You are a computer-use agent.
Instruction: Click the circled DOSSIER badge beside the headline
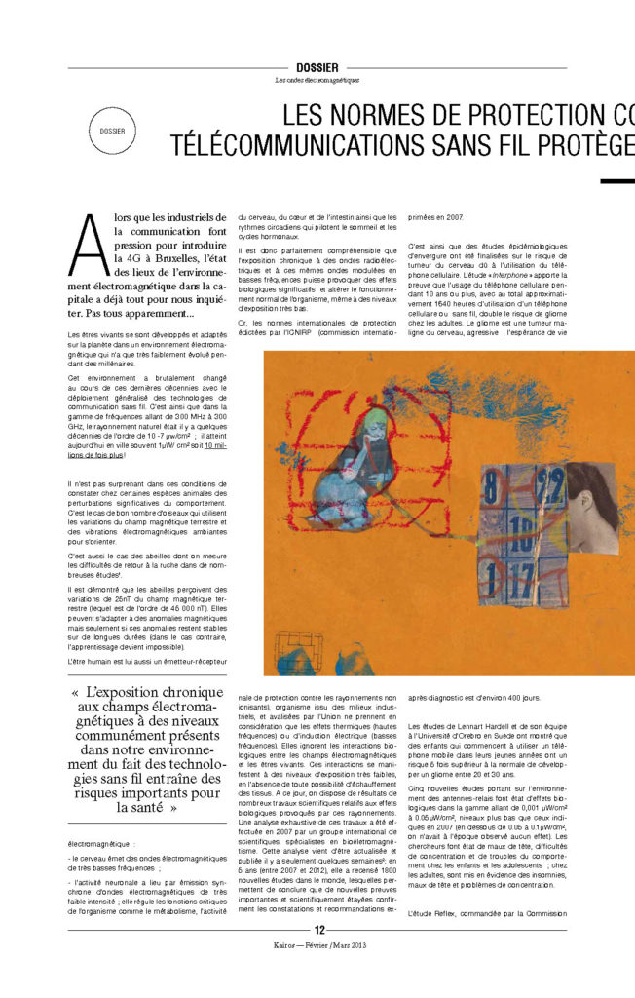tap(112, 130)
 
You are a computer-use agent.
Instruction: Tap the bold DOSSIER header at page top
tap(317, 67)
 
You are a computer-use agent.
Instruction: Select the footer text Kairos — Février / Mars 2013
tap(317, 974)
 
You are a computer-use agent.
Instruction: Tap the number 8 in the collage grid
tap(493, 481)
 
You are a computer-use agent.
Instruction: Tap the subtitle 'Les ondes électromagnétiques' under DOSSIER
tap(317, 79)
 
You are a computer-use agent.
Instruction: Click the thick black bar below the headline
tap(616, 180)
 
